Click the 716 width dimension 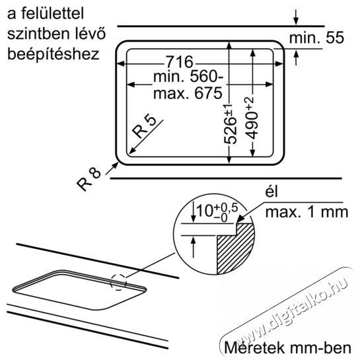[180, 61]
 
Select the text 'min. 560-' [188, 77]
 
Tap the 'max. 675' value [188, 93]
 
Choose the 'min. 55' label [316, 38]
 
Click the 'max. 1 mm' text [306, 212]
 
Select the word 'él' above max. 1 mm [271, 193]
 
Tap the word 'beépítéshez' [54, 54]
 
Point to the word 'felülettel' [52, 13]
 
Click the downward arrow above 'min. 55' [296, 17]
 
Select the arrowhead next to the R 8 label [116, 164]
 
